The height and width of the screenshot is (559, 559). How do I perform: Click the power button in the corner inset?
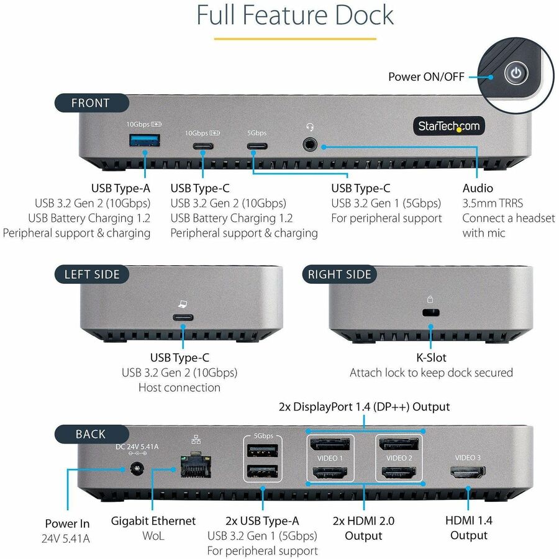point(515,74)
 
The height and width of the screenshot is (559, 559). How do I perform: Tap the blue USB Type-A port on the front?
point(144,141)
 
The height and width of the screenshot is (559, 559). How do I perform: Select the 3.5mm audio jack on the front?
point(309,145)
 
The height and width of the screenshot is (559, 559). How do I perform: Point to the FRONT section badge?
point(91,103)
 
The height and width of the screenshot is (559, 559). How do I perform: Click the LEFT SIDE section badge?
point(92,274)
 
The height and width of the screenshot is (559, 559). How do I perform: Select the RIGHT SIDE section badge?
point(339,274)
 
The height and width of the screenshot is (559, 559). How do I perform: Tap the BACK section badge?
point(91,434)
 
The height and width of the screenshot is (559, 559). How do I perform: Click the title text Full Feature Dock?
point(295,15)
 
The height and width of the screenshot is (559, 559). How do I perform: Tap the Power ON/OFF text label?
point(426,76)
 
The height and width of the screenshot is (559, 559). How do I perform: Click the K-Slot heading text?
point(431,358)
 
